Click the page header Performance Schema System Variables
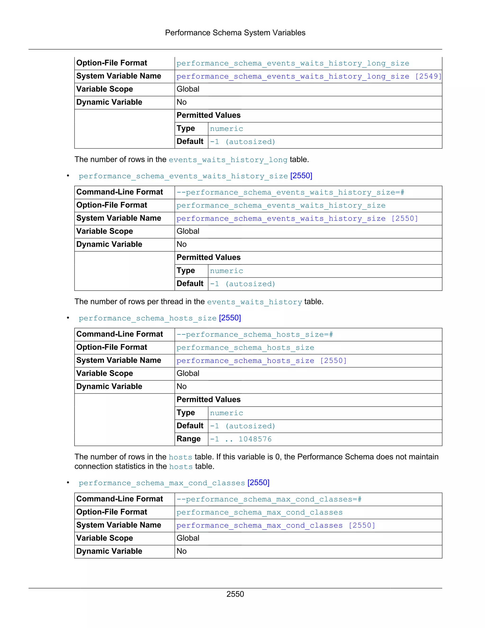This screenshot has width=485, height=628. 235,33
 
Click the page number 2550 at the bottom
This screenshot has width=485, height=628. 235,594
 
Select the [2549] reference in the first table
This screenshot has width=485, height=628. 428,77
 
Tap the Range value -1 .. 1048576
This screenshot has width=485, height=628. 241,439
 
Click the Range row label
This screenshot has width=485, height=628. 189,439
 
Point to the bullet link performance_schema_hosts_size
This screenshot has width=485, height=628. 147,318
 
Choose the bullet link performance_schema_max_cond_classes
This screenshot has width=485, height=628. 162,483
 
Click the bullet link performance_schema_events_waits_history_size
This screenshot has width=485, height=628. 183,176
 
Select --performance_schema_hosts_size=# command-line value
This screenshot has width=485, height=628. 255,335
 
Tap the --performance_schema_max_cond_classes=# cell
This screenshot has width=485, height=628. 269,500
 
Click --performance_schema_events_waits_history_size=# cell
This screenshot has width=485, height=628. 290,192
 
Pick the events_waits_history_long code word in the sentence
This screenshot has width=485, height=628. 228,160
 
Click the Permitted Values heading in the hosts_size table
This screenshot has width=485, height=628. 208,399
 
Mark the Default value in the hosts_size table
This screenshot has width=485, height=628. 242,426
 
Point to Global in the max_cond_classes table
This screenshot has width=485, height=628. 188,538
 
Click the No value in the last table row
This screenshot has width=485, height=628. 181,551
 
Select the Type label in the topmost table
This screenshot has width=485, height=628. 186,128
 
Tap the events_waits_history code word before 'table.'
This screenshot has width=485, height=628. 254,302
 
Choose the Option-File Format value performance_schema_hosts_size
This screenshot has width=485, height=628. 245,348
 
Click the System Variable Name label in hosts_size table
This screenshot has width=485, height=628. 119,360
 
